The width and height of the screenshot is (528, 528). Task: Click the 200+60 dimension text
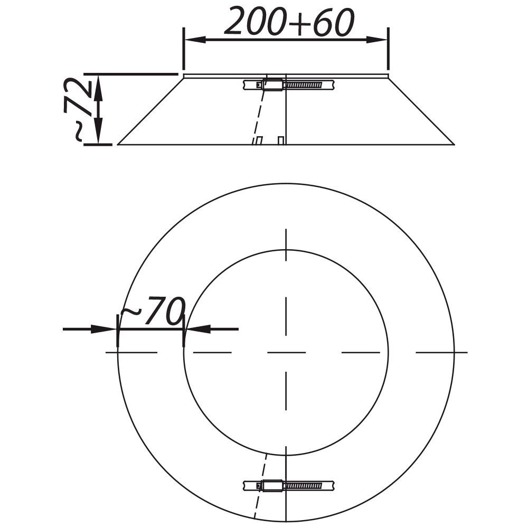coord(289,22)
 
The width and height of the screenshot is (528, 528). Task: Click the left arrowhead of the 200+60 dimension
coord(196,40)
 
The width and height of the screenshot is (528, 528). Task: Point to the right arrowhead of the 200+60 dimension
coord(377,40)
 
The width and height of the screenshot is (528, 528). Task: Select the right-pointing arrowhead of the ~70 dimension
coord(103,329)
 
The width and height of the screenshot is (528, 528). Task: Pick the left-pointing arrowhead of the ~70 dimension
coord(198,329)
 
